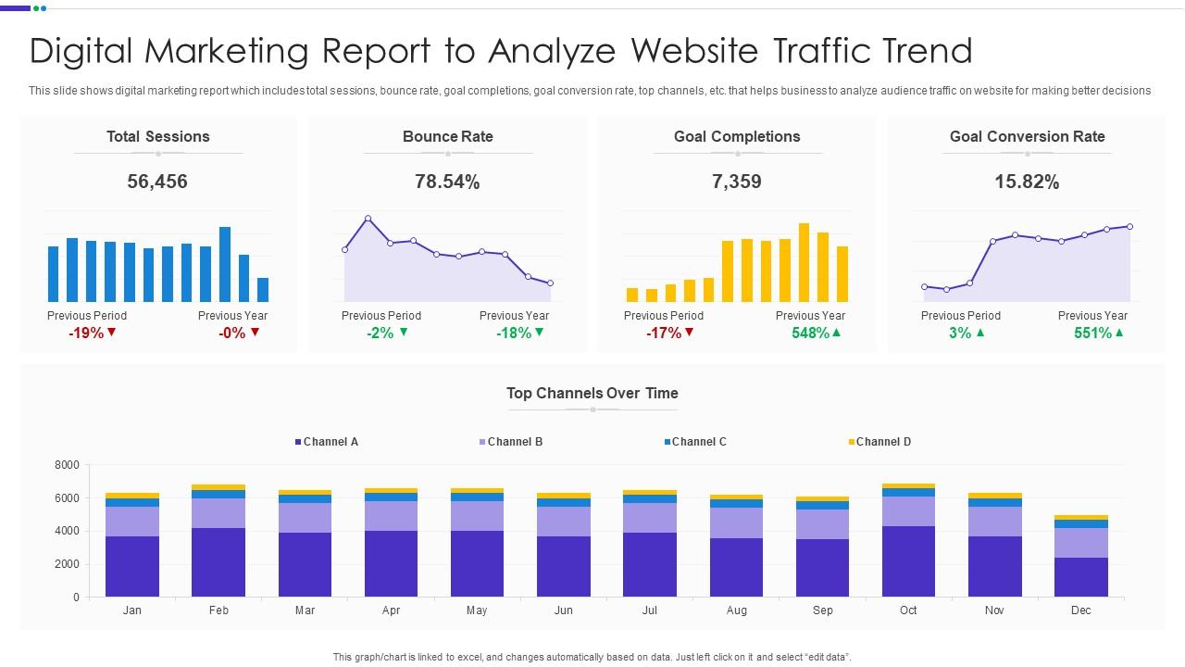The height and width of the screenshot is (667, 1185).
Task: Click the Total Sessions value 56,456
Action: click(x=157, y=182)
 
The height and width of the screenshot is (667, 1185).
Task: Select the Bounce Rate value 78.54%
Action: click(x=447, y=182)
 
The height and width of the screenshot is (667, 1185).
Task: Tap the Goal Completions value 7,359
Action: click(x=737, y=182)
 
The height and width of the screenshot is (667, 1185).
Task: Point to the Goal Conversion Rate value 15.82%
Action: click(x=1027, y=182)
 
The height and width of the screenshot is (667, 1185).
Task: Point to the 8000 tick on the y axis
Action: click(x=68, y=465)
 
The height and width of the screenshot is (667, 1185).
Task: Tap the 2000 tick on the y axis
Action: click(x=68, y=564)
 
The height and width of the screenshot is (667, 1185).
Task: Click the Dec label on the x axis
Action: click(x=1080, y=610)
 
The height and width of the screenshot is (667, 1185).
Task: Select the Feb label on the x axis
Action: click(x=218, y=610)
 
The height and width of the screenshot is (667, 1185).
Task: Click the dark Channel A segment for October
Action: click(x=908, y=561)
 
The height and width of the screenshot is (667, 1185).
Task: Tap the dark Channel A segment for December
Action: click(x=1080, y=577)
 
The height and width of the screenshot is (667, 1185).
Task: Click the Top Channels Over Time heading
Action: click(x=592, y=393)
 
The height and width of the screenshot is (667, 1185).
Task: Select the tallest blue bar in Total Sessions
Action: click(x=225, y=264)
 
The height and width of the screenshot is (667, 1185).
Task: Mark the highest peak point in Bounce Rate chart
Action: click(x=368, y=219)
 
